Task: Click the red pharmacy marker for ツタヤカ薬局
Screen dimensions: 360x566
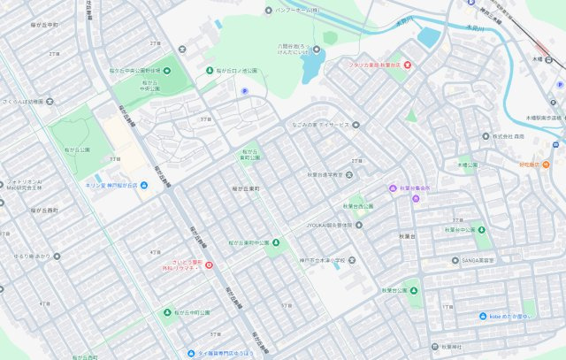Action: click(408, 65)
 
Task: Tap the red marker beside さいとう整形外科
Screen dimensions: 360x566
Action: click(209, 264)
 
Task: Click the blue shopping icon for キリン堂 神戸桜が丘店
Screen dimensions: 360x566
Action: click(144, 185)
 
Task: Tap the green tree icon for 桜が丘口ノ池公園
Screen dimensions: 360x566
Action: click(210, 70)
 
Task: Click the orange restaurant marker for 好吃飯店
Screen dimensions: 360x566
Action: click(546, 165)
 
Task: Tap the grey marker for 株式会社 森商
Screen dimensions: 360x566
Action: click(486, 136)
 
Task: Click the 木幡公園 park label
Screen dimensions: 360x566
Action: click(467, 165)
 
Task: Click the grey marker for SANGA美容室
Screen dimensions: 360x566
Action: click(454, 260)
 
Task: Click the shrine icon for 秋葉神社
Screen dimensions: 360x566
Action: click(434, 347)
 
